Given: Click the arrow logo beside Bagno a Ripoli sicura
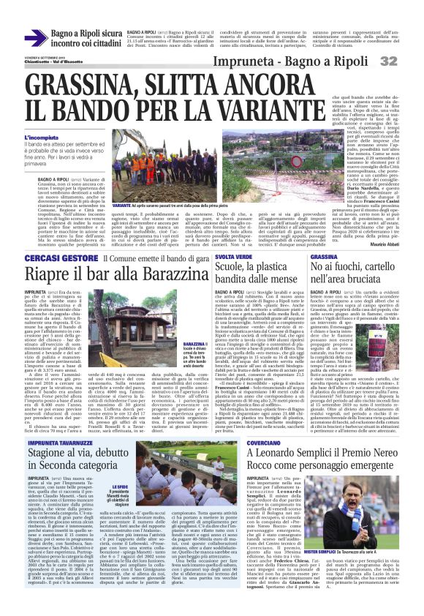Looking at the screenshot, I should click(35, 38).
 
